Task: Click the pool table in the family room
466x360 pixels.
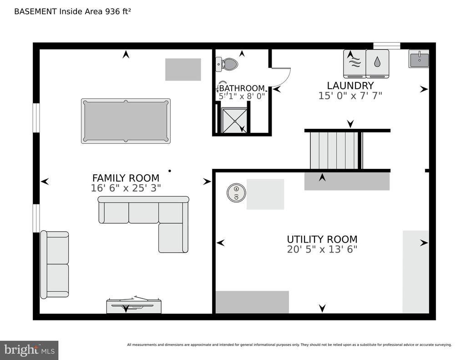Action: pos(126,121)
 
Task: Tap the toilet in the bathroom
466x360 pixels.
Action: pos(228,64)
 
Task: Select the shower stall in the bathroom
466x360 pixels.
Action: pos(234,121)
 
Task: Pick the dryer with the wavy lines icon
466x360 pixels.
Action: pos(354,64)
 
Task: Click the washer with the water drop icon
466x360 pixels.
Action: pos(377,64)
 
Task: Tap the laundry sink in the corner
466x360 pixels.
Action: pos(419,59)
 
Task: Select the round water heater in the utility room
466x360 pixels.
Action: pos(236,193)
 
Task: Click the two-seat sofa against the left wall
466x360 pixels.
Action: pos(55,264)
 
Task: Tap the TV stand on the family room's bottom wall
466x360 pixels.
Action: pos(134,305)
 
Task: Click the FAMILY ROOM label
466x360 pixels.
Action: pos(126,178)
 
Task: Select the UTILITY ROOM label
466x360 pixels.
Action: pos(322,239)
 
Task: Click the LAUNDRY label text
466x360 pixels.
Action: pos(350,86)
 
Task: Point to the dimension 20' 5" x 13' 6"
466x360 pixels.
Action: pos(322,249)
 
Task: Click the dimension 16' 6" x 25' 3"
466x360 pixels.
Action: pos(126,188)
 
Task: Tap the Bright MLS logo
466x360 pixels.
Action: pos(29,350)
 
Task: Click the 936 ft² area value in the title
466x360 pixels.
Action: pos(118,11)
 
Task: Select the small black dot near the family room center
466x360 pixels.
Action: pos(170,171)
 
